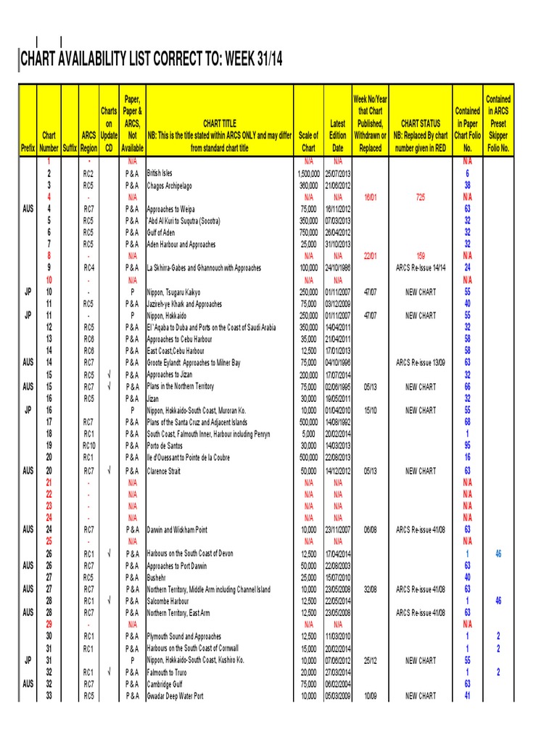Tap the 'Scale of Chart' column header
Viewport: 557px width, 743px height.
(308, 141)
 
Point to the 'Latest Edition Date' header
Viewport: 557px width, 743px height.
(337, 136)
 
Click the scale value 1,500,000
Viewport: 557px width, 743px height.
(308, 174)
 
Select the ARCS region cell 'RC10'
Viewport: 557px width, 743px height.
(88, 446)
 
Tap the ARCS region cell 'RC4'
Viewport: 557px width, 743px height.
(88, 268)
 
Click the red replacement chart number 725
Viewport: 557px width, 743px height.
(421, 197)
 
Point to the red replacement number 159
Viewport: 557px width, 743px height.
(421, 256)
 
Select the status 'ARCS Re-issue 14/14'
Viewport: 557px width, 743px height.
(421, 268)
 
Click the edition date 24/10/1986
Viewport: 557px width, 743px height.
(338, 268)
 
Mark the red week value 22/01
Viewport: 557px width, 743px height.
(370, 256)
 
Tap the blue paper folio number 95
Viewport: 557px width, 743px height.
(468, 446)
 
